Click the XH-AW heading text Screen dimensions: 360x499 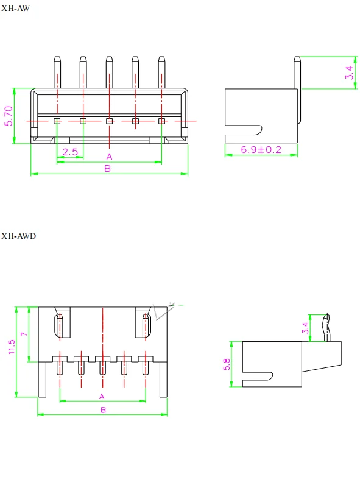(x=15, y=9)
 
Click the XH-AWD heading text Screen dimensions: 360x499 (x=18, y=236)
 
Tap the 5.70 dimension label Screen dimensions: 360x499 (x=9, y=116)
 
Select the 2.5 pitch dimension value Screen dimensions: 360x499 (x=70, y=152)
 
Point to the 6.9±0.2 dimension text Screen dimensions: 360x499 (x=261, y=149)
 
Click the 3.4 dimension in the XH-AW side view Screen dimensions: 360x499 (x=349, y=73)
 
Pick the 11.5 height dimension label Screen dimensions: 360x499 (x=12, y=347)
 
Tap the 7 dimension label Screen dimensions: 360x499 (x=24, y=334)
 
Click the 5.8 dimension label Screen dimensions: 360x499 (x=227, y=364)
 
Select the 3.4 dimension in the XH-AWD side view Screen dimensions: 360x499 (x=305, y=328)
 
